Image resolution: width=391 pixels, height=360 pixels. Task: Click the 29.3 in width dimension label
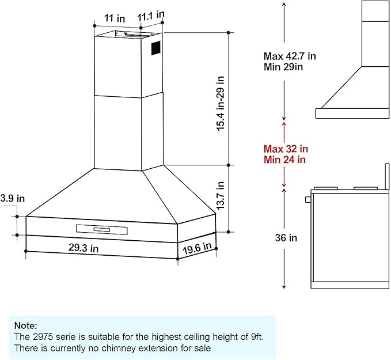[x=83, y=248]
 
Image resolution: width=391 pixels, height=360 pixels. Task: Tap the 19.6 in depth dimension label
[x=197, y=248]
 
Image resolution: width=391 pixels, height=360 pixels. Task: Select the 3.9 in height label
[x=13, y=198]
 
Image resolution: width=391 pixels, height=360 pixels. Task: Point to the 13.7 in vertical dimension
[x=221, y=195]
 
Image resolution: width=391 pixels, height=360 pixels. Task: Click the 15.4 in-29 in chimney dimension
[x=221, y=103]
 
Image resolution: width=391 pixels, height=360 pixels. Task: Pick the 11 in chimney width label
[x=115, y=18]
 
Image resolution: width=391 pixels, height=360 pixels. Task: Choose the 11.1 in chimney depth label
[x=151, y=16]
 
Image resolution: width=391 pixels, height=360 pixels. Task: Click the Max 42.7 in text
[x=290, y=56]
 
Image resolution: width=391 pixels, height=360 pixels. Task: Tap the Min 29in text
[x=283, y=67]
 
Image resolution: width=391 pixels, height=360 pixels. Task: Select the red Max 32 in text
[x=286, y=149]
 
